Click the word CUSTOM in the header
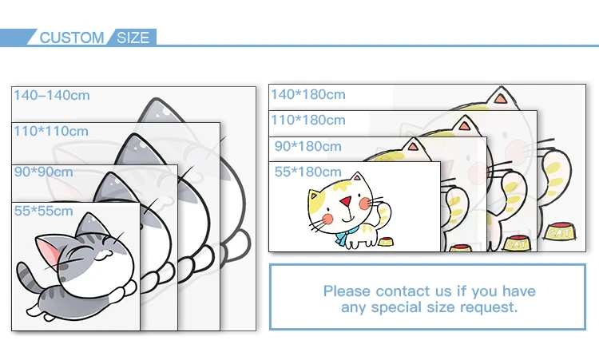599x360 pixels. coord(72,38)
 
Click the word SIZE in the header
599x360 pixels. coord(133,38)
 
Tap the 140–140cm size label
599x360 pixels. coord(52,95)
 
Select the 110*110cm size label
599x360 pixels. coord(50,131)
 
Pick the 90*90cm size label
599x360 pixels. coord(43,172)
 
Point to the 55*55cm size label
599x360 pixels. coord(43,211)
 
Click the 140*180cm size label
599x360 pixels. coord(308,94)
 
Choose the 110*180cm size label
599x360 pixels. coord(308,121)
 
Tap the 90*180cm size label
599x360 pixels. coord(307,146)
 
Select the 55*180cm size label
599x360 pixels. coord(307,172)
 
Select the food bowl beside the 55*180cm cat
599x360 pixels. coord(387,241)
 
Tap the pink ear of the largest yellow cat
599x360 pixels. coord(501,101)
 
